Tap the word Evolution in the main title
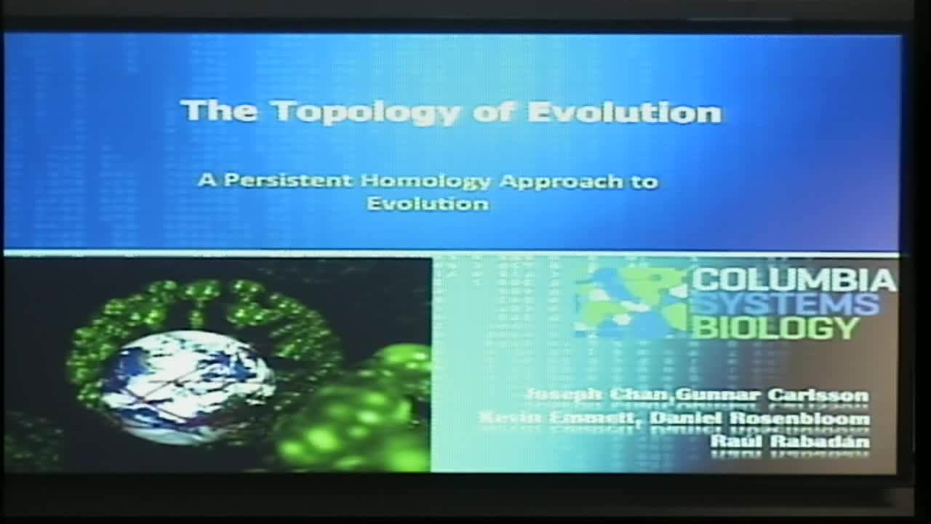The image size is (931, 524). (x=624, y=113)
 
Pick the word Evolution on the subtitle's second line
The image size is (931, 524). (x=428, y=203)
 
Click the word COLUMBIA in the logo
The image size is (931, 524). (x=794, y=280)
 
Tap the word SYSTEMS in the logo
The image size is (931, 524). (x=785, y=303)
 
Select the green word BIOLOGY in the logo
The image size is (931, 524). (x=775, y=328)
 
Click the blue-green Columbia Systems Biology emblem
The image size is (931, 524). (x=630, y=303)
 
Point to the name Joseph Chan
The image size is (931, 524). (x=598, y=395)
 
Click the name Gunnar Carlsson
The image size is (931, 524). (x=772, y=395)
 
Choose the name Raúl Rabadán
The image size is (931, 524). (x=789, y=440)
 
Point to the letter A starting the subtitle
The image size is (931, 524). (x=207, y=180)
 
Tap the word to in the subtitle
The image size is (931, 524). (x=644, y=181)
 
